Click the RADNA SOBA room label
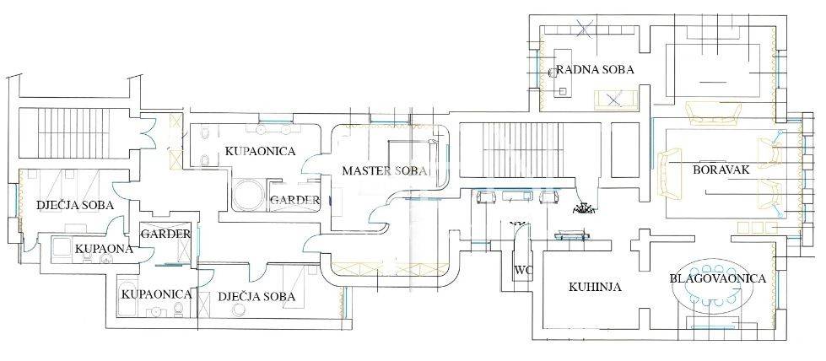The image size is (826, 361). coord(594,70)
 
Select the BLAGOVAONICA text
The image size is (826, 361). coord(717,278)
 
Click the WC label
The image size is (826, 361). coord(522,271)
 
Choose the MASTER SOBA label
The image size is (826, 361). coord(386,170)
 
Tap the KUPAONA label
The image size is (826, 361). coord(103,249)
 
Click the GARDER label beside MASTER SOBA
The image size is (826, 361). coord(294,201)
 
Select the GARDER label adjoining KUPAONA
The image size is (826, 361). coord(165,234)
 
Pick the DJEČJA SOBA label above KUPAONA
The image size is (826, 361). coord(75,204)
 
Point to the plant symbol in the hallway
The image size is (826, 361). coord(581,207)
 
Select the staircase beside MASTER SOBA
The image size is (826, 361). coord(498,151)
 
